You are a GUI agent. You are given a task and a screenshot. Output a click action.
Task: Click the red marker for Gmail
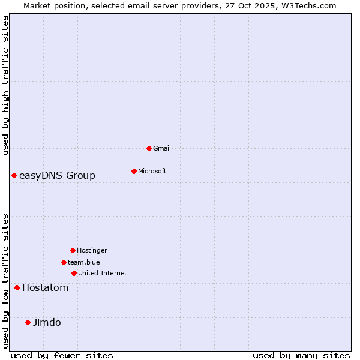pyautogui.click(x=149, y=148)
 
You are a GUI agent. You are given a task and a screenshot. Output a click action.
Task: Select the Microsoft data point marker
pyautogui.click(x=134, y=171)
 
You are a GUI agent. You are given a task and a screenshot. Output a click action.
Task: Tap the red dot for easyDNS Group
pyautogui.click(x=14, y=175)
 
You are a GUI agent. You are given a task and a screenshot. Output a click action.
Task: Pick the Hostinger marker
pyautogui.click(x=73, y=250)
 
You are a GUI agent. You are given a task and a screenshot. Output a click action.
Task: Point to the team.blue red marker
pyautogui.click(x=64, y=262)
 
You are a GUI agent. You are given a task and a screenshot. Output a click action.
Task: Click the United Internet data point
pyautogui.click(x=74, y=273)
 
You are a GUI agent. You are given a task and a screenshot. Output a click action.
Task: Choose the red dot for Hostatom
pyautogui.click(x=17, y=287)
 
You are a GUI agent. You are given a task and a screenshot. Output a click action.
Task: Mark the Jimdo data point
pyautogui.click(x=28, y=322)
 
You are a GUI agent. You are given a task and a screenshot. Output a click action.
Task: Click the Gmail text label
pyautogui.click(x=162, y=148)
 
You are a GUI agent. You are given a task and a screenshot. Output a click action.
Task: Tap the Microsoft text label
pyautogui.click(x=152, y=171)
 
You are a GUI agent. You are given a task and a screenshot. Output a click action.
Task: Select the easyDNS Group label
pyautogui.click(x=57, y=175)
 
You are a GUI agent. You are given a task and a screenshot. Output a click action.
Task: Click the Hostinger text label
pyautogui.click(x=92, y=250)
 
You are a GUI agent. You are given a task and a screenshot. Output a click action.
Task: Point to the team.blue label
pyautogui.click(x=84, y=262)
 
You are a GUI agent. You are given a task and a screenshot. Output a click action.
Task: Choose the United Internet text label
pyautogui.click(x=103, y=273)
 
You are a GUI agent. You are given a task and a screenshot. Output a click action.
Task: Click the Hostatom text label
pyautogui.click(x=46, y=287)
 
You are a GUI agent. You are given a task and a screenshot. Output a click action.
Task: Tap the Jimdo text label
pyautogui.click(x=47, y=322)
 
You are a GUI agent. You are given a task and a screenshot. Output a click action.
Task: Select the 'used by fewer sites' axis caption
pyautogui.click(x=62, y=355)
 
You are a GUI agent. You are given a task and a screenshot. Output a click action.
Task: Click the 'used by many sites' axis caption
pyautogui.click(x=301, y=355)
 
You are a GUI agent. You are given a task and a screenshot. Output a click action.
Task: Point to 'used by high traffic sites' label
pyautogui.click(x=6, y=85)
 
